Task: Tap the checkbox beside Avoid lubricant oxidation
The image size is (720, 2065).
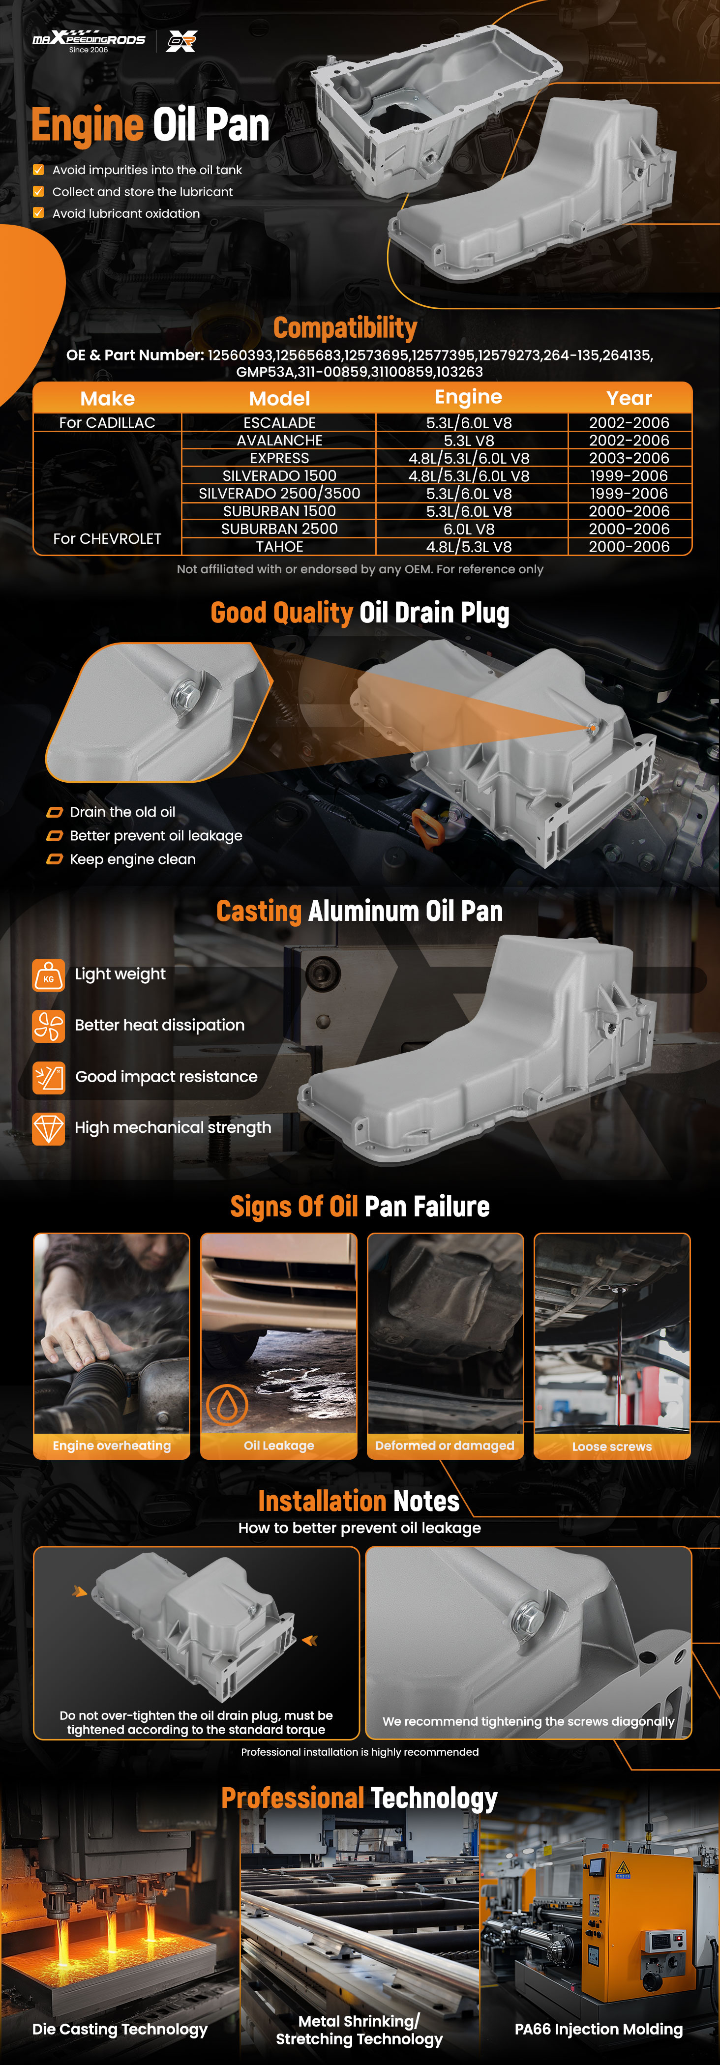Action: click(38, 213)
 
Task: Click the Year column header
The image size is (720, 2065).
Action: click(630, 398)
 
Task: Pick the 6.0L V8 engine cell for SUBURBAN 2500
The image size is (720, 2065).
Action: click(469, 529)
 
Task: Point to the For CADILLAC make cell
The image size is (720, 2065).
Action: click(107, 422)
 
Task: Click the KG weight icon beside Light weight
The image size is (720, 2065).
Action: click(48, 975)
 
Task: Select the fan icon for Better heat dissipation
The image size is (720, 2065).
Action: click(48, 1025)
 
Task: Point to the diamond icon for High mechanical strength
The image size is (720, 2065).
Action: click(48, 1128)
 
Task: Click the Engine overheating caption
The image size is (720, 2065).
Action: click(112, 1445)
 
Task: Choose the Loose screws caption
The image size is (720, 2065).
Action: click(612, 1446)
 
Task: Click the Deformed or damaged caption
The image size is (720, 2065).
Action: click(445, 1445)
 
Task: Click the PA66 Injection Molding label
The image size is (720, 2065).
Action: click(599, 2029)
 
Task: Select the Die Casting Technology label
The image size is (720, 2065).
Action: click(120, 2029)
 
